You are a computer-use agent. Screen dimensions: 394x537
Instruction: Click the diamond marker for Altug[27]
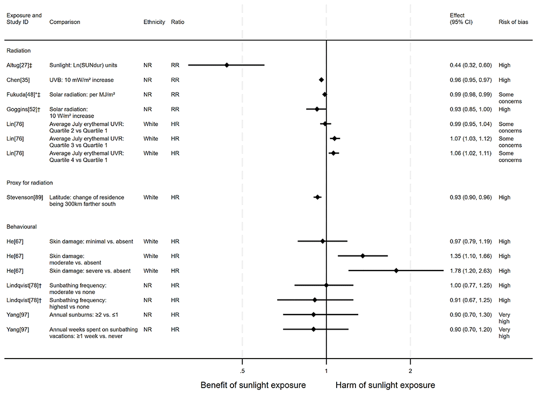pyautogui.click(x=227, y=65)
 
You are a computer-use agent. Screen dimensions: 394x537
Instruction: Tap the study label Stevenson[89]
pyautogui.click(x=22, y=198)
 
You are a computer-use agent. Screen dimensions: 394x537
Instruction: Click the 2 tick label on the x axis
pyautogui.click(x=410, y=371)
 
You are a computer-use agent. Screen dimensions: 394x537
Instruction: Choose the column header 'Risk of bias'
pyautogui.click(x=513, y=23)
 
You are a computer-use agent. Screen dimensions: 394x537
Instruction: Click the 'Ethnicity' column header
pyautogui.click(x=154, y=23)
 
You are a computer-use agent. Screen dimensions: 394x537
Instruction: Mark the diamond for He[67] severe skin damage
pyautogui.click(x=396, y=271)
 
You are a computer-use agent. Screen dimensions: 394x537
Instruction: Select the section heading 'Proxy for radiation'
pyautogui.click(x=29, y=183)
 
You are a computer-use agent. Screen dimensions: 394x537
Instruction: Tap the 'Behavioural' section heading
pyautogui.click(x=21, y=227)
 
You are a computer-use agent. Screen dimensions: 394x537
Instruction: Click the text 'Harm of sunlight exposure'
pyautogui.click(x=385, y=385)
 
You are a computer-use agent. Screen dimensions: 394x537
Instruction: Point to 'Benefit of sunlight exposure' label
pyautogui.click(x=253, y=385)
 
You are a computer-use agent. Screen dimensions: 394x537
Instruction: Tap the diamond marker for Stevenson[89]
pyautogui.click(x=317, y=198)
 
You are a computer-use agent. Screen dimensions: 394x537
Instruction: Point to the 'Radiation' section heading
pyautogui.click(x=18, y=50)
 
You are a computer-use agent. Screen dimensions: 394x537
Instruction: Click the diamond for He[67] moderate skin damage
pyautogui.click(x=362, y=256)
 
